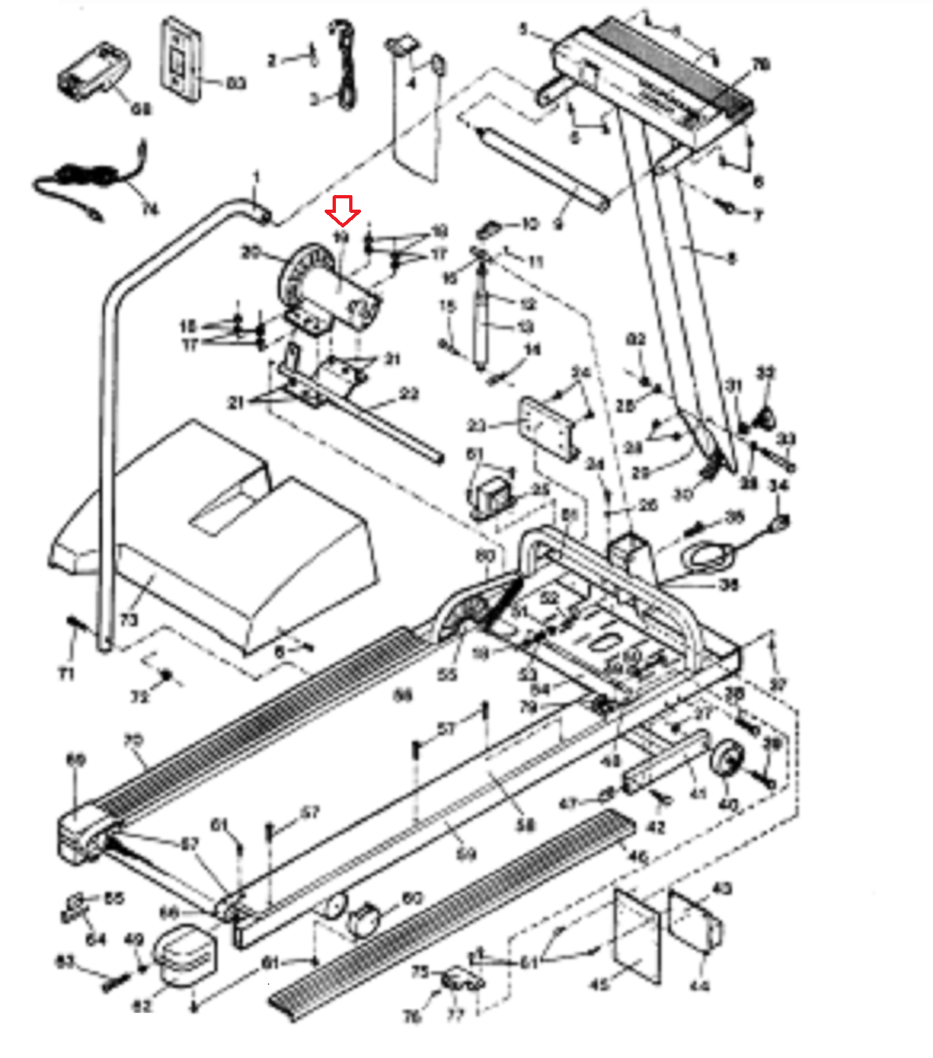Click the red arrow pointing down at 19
(343, 211)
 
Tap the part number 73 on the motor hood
(128, 620)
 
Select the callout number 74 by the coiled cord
(151, 210)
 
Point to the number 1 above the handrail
(257, 177)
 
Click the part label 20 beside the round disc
(251, 252)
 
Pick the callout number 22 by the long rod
(409, 394)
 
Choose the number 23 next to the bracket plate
(476, 426)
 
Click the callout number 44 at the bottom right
(699, 986)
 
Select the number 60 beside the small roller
(412, 898)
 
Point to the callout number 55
(447, 674)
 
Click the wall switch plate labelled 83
(179, 60)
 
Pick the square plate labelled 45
(636, 934)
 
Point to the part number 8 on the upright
(731, 259)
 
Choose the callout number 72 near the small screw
(140, 697)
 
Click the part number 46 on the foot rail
(637, 857)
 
